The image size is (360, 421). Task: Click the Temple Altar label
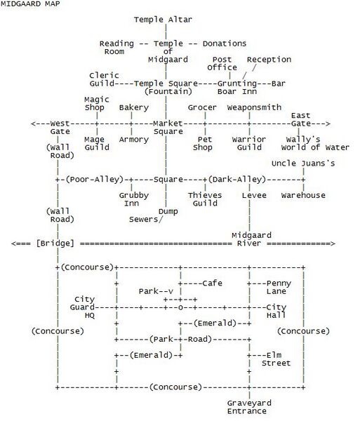(x=163, y=20)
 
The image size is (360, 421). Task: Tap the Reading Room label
(x=116, y=48)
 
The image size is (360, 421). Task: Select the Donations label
(x=225, y=44)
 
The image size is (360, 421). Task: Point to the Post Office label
(x=222, y=63)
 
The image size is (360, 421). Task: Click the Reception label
(x=269, y=60)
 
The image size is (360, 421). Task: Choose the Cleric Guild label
(x=104, y=79)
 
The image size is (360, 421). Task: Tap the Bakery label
(x=134, y=107)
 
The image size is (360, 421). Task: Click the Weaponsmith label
(x=254, y=107)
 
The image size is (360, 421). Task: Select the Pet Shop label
(x=203, y=143)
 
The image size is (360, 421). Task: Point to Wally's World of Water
(x=315, y=143)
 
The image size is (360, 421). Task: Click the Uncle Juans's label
(x=303, y=163)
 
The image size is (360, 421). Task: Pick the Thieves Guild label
(x=205, y=199)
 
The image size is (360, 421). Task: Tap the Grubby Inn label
(x=134, y=199)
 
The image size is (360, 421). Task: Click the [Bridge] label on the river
(x=55, y=243)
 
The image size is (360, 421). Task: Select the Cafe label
(x=212, y=283)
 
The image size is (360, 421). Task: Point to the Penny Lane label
(x=279, y=287)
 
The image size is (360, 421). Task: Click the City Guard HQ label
(x=82, y=307)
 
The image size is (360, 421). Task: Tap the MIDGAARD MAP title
(x=30, y=4)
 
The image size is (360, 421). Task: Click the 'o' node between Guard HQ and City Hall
(x=180, y=308)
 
